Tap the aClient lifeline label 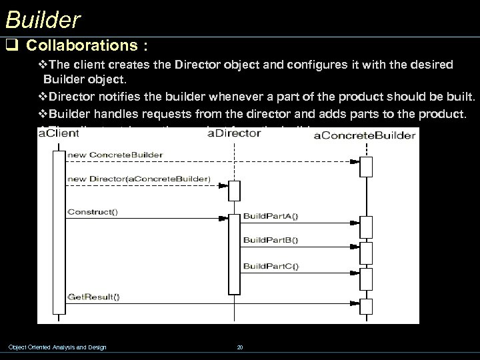pos(59,134)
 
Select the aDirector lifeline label pos(234,133)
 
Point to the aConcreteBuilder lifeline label pos(364,136)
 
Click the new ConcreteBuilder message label pos(115,155)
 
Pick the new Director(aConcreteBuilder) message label pos(139,179)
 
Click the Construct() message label pos(92,212)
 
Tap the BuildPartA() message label pos(271,215)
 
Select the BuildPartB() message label pos(271,239)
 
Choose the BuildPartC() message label pos(271,266)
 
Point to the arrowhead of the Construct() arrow pos(224,217)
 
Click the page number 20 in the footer pos(240,347)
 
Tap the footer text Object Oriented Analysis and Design pos(57,347)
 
